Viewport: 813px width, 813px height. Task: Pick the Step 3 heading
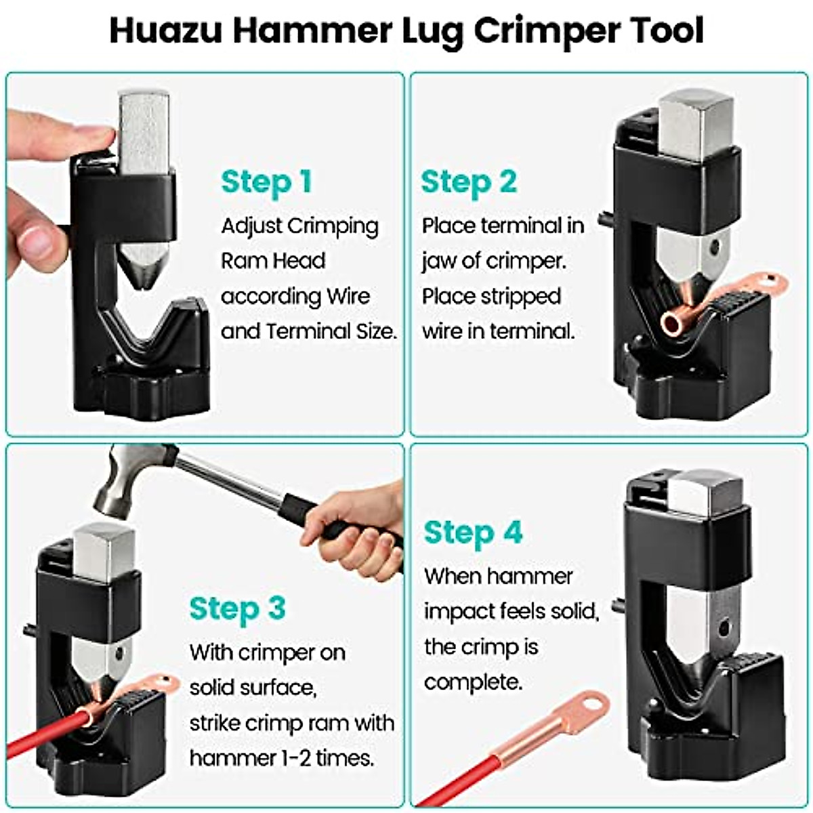coord(237,608)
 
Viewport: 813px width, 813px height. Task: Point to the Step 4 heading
coord(474,533)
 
